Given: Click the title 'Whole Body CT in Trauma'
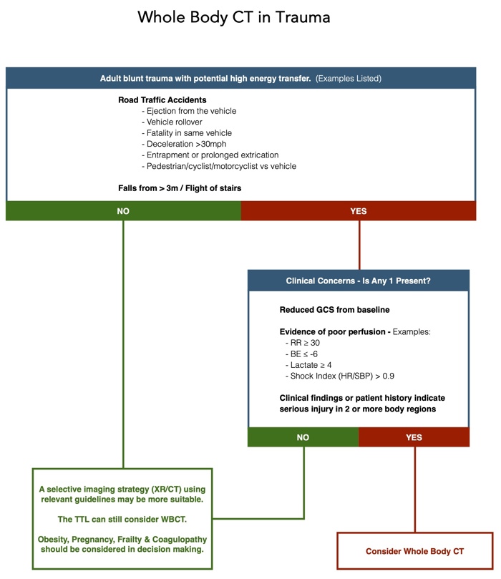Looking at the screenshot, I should (x=234, y=17).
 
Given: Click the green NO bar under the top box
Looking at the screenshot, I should (x=123, y=211).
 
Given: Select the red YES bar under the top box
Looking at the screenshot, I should (x=358, y=211).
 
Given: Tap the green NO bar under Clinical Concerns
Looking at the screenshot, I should (x=303, y=437).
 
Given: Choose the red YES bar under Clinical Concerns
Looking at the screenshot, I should (x=414, y=437).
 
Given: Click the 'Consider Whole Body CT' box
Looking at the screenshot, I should (x=414, y=551).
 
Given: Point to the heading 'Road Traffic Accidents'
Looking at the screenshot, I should (x=162, y=100).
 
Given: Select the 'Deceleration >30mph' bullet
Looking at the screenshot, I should (x=182, y=144).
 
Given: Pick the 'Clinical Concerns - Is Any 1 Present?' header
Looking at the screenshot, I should (x=358, y=281).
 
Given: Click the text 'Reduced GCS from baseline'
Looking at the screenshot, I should (x=334, y=310).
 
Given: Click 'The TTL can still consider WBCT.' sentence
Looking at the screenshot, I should (x=124, y=518).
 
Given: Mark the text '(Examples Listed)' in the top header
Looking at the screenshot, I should (x=349, y=78).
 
